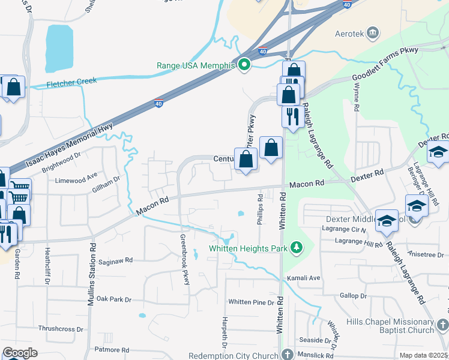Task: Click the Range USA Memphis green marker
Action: (244, 65)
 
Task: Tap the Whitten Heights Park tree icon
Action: (295, 247)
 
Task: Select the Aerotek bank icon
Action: (373, 31)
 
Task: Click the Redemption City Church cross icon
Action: (288, 355)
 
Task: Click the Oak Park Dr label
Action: (113, 298)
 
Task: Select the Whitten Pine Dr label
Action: (251, 302)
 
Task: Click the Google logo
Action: (20, 353)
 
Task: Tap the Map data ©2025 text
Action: (423, 355)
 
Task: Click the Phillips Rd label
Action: (259, 209)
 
